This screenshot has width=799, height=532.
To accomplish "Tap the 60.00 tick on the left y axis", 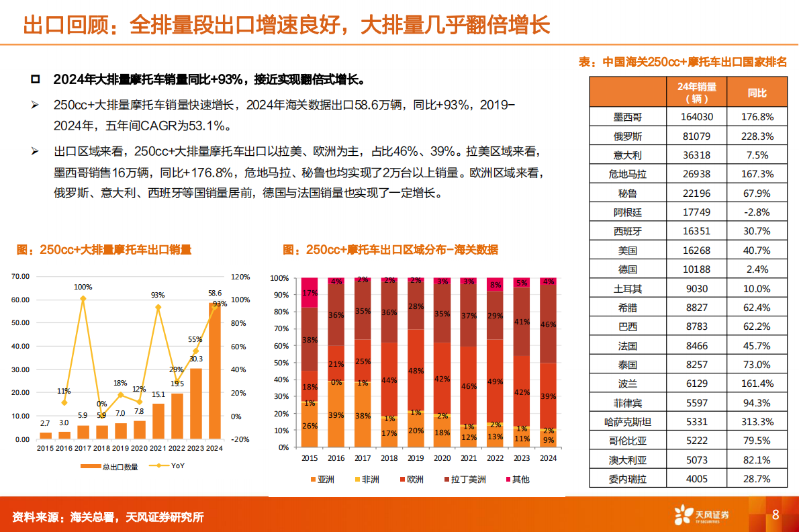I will click(x=20, y=300).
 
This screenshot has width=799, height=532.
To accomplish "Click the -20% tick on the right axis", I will click(x=240, y=440).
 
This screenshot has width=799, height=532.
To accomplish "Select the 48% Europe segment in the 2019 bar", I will click(x=416, y=371).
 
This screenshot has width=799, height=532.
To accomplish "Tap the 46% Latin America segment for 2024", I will click(x=548, y=324).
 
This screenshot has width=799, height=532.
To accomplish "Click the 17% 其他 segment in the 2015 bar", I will click(x=310, y=292).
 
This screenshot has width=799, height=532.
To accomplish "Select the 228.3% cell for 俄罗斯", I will click(x=757, y=136).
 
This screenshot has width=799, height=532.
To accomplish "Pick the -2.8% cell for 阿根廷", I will click(x=757, y=212).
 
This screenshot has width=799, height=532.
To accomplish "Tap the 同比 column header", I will click(x=757, y=93).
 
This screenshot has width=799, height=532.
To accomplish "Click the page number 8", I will click(x=775, y=515).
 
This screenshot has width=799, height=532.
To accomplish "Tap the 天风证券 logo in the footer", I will click(x=702, y=515).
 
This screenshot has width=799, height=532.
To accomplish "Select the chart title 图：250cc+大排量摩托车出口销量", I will click(x=104, y=250).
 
